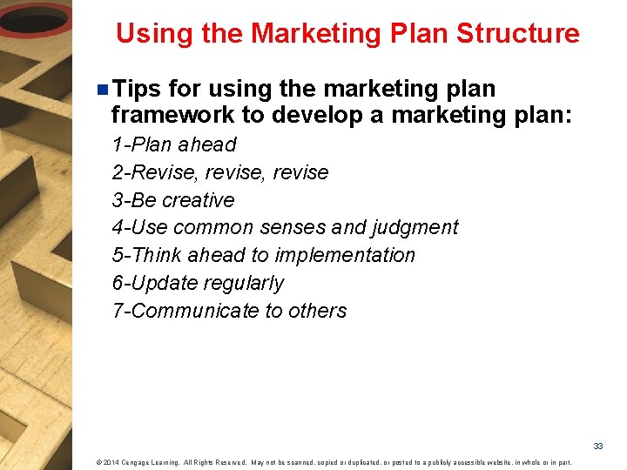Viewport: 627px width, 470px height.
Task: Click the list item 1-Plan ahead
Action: click(174, 144)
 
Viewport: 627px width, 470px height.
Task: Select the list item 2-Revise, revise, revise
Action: click(220, 172)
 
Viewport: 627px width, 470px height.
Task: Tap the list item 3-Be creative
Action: click(173, 200)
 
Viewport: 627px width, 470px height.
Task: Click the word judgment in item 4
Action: click(415, 228)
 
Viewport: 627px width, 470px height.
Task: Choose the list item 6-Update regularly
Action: click(198, 284)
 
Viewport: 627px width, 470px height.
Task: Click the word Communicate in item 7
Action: click(190, 312)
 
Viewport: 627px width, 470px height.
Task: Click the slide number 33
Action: click(598, 446)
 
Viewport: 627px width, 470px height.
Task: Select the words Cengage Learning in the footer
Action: click(151, 461)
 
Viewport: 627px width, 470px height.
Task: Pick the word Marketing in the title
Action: click(307, 34)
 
